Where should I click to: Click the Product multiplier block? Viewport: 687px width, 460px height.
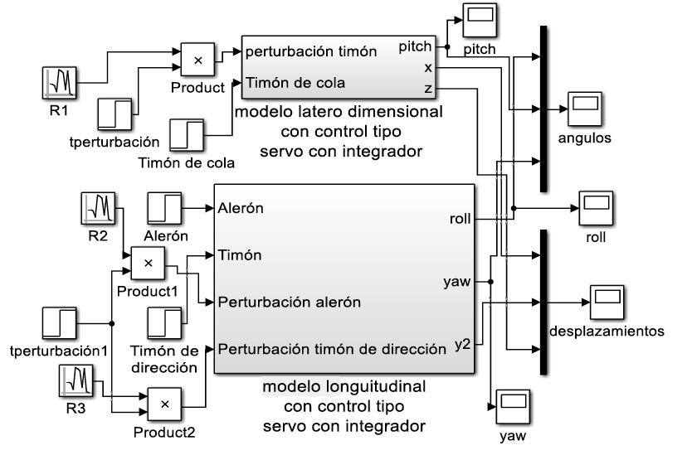point(198,61)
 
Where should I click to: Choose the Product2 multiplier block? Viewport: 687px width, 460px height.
point(164,404)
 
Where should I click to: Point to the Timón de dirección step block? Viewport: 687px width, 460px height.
point(165,323)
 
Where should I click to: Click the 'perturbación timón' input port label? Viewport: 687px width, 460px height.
point(312,51)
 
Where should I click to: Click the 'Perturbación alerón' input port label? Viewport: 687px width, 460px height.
point(290,302)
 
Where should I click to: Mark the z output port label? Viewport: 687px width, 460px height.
point(427,87)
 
